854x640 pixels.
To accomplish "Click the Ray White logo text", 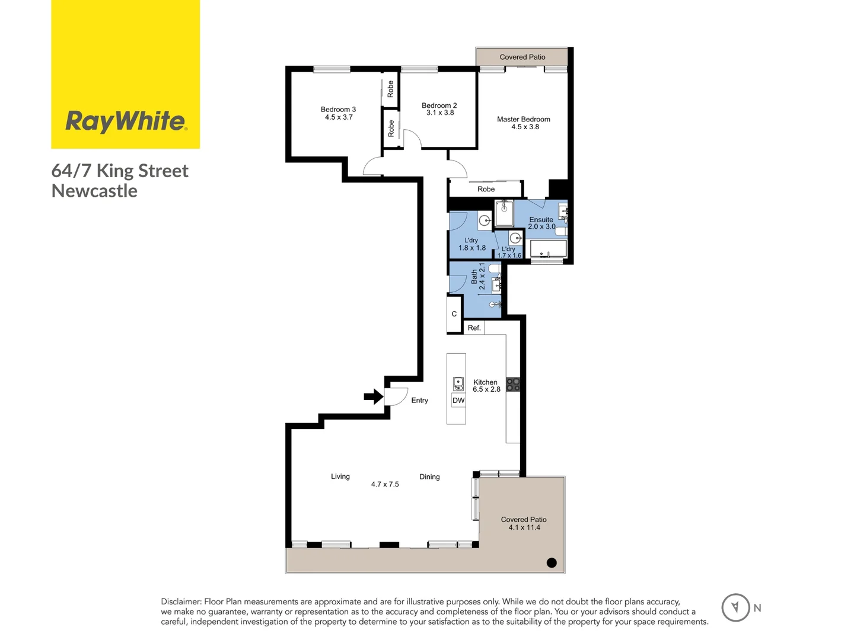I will pos(126,121).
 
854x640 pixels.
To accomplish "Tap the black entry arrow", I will pos(374,396).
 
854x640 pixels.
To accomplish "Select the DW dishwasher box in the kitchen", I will pos(458,401).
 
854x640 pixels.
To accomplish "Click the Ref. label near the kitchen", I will pos(474,328).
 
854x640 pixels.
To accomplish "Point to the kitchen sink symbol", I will pos(458,384).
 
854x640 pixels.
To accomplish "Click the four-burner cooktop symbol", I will pos(513,384).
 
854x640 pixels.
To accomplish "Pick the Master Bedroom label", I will pos(524,119).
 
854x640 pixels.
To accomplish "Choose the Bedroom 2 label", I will pos(439,105).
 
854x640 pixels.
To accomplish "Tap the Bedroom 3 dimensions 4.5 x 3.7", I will pos(339,117).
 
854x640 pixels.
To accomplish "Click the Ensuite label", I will pos(541,219).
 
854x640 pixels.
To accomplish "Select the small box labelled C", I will pos(454,314).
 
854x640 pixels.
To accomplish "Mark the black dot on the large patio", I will pos(552,563).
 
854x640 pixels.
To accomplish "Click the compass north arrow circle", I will pos(735,607).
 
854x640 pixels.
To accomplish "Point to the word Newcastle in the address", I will pos(94,191).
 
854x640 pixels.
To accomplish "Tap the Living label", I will pos(340,476).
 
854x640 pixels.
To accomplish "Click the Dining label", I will pos(429,477).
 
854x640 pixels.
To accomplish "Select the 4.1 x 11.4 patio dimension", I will pos(524,527).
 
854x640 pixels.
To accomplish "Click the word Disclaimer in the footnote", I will pos(181,601).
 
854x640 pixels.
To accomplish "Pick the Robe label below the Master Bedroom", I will pos(486,189).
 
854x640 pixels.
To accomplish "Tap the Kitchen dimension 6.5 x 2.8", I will pos(486,389).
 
